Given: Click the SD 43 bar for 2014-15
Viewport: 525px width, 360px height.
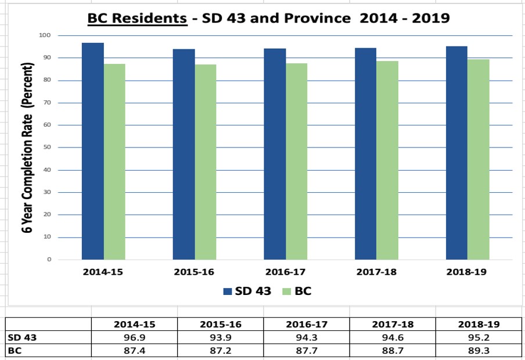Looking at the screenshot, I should coord(93,151).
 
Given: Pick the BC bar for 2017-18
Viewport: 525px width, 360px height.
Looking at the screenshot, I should coord(387,160).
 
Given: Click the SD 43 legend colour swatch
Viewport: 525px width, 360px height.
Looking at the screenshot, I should coord(227,291).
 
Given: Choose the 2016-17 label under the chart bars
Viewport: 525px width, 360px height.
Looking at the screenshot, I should coord(285,272).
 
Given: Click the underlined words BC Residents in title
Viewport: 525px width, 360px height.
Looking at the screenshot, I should coord(137,18).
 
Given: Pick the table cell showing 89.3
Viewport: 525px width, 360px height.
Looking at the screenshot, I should coord(479,351).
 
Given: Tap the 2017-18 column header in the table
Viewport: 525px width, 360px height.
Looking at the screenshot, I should coord(393,325).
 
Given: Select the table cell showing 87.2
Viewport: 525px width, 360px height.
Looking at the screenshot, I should coord(220,351).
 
